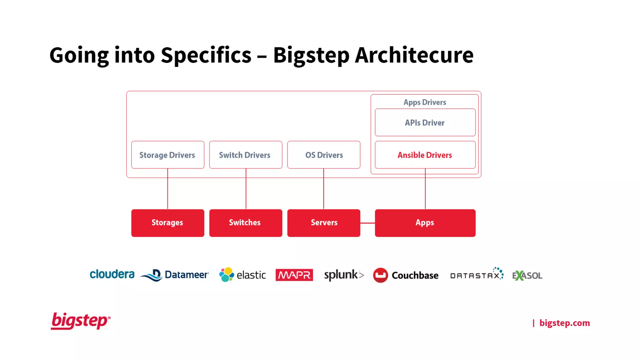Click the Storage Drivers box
pos(167,155)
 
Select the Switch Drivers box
pos(246,155)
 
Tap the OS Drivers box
pos(324,155)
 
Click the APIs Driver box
pos(425,122)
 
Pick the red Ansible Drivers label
pos(425,155)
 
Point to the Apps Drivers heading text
pos(425,102)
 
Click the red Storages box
pos(167,223)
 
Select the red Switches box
pos(246,223)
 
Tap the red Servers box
pos(324,223)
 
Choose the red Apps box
pos(425,223)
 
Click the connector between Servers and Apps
pos(367,223)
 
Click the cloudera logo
pos(112,274)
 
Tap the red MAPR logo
pos(294,275)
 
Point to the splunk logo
pos(344,275)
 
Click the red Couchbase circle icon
pos(380,275)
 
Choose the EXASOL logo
pos(527,276)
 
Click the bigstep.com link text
pos(564,323)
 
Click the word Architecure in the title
pos(414,55)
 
